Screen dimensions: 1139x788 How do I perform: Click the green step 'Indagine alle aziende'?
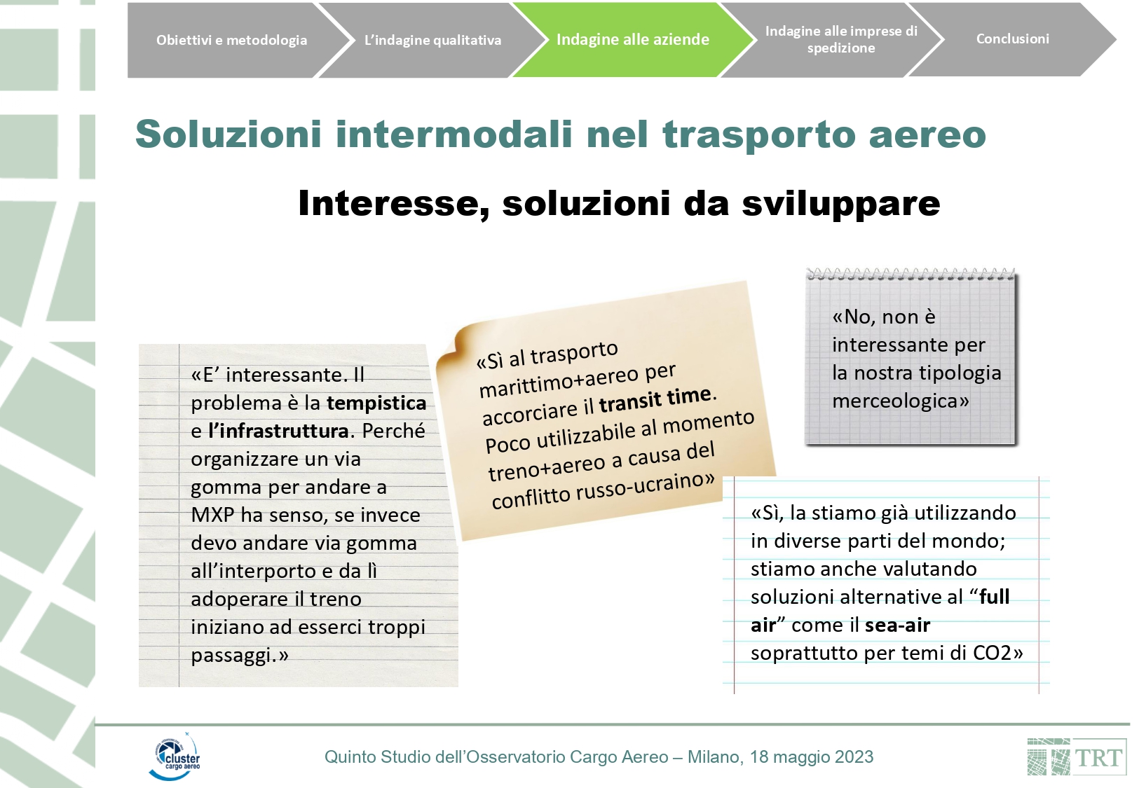pyautogui.click(x=632, y=40)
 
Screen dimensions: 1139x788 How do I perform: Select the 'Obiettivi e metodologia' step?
pyautogui.click(x=231, y=40)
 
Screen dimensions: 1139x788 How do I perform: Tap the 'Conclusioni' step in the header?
pyautogui.click(x=1012, y=39)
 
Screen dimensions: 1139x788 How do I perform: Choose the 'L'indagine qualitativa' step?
pyautogui.click(x=432, y=40)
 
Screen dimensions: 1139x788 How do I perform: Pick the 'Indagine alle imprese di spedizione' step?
pyautogui.click(x=841, y=40)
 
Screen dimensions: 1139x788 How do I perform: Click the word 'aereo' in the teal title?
pyautogui.click(x=927, y=134)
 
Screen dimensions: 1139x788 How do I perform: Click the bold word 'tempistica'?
pyautogui.click(x=376, y=403)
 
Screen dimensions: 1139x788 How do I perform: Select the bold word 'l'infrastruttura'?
pyautogui.click(x=279, y=431)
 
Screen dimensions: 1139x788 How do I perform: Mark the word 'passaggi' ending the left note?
pyautogui.click(x=231, y=656)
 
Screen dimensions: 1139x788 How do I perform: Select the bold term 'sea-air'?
pyautogui.click(x=897, y=625)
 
